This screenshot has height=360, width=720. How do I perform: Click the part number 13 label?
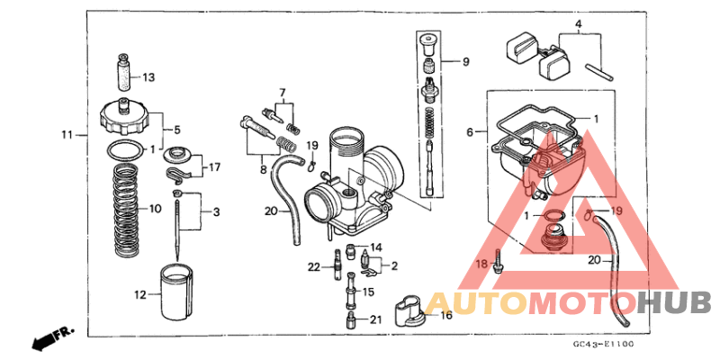pos(148,76)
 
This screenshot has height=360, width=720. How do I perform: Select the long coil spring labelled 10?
pos(129,210)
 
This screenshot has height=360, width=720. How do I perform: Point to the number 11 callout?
pos(67,135)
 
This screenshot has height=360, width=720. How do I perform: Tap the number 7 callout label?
pos(282,93)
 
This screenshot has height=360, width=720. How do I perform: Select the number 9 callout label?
pos(466,62)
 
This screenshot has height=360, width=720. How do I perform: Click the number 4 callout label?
pos(579,24)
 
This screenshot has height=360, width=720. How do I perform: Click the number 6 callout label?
pos(469,132)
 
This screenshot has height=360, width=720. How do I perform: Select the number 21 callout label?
pos(375,319)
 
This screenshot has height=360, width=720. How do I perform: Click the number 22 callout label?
pos(313,266)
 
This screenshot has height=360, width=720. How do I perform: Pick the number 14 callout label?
pos(376,247)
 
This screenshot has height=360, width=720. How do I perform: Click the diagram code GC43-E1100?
pos(602,344)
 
